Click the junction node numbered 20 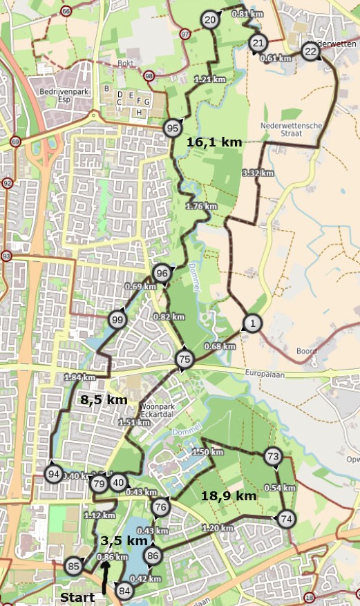coord(211,21)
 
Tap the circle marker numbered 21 coord(258,43)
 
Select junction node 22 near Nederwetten coord(310,52)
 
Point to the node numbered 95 coord(173,128)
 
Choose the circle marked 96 coord(162,273)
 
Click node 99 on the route coord(117,319)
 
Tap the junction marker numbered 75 coord(184,359)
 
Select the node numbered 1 coord(254,323)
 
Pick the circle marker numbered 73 coord(272,456)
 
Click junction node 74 coord(286,519)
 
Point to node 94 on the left coord(53,473)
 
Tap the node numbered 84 coord(124,591)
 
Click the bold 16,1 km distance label coord(214,142)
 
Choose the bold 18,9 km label coord(229,496)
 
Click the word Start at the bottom coord(77,596)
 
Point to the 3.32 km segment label coord(259,173)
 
